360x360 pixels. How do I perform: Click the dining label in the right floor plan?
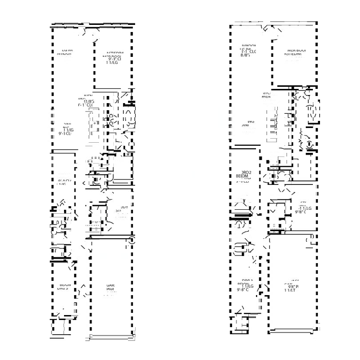click(247, 123)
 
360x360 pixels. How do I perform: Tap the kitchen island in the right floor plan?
click(271, 127)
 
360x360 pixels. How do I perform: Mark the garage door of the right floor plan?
click(293, 330)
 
